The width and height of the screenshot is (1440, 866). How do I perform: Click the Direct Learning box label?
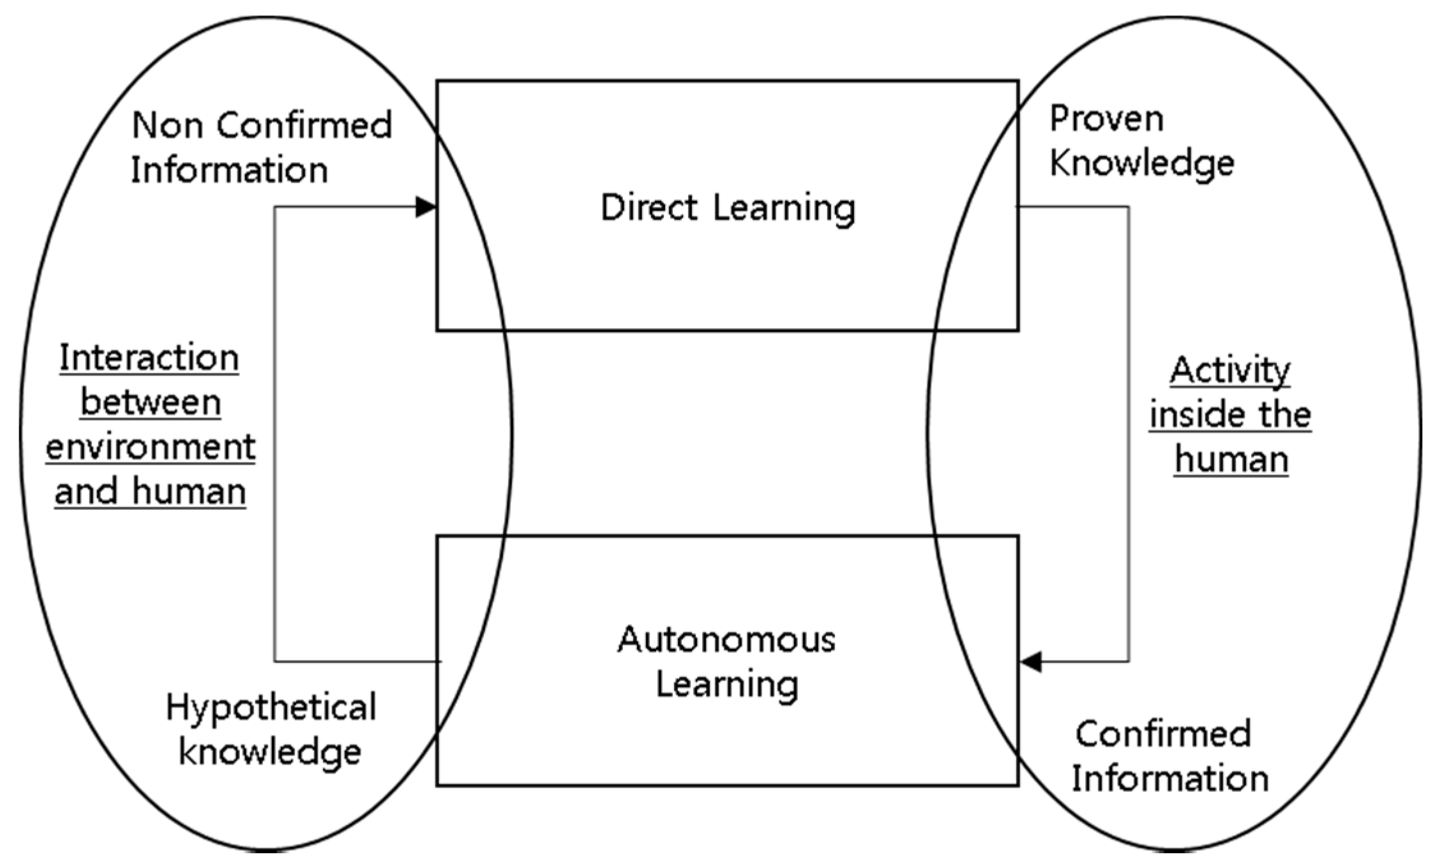(728, 208)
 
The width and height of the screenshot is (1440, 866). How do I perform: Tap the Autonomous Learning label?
(727, 662)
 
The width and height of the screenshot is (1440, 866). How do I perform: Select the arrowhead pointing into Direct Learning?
(426, 207)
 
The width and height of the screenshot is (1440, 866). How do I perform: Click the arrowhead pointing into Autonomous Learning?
(1031, 662)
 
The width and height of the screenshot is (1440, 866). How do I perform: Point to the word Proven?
(1107, 119)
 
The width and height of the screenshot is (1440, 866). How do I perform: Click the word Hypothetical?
(271, 708)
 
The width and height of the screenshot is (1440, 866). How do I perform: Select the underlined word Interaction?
(149, 358)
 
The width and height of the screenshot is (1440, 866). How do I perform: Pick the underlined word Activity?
(1230, 371)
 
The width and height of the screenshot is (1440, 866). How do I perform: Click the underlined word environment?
(151, 447)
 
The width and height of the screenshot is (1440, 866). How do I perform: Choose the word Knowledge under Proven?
(1142, 163)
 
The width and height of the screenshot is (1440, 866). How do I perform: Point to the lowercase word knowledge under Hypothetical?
(270, 752)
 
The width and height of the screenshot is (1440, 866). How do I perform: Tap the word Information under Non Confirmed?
(229, 170)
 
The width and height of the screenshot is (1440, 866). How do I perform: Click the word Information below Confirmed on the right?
(1170, 779)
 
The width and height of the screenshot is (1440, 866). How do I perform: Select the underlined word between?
(151, 403)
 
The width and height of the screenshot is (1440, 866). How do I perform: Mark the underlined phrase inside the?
(1230, 415)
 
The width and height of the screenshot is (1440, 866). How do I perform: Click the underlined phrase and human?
(150, 492)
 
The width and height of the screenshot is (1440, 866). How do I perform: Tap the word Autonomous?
(726, 639)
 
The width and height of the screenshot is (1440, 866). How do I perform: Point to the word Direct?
(650, 208)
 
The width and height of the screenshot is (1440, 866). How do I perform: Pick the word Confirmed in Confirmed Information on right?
(1163, 734)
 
